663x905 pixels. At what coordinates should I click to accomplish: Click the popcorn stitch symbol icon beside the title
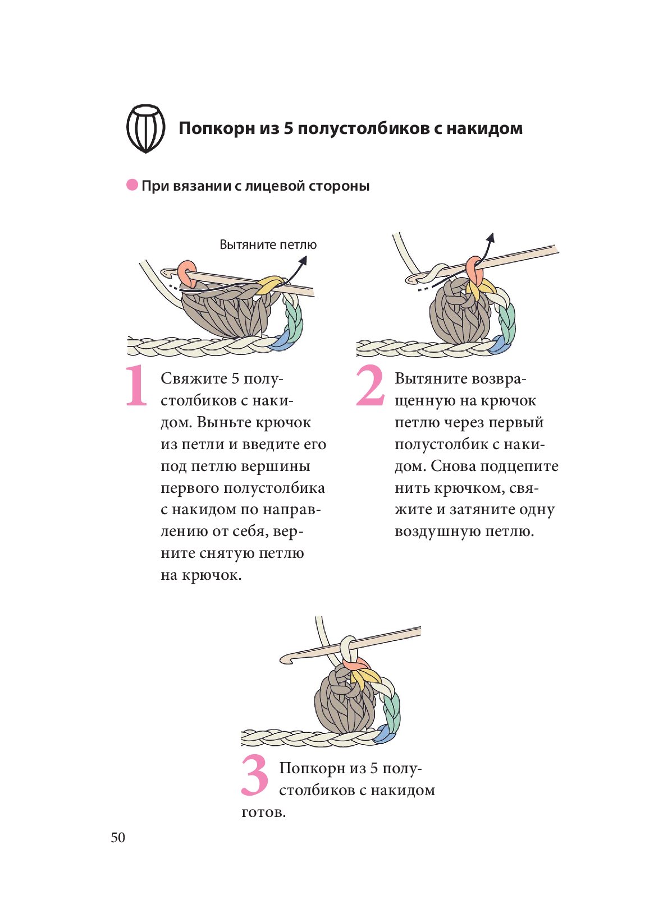click(x=145, y=128)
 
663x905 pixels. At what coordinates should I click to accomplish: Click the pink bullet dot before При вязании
click(x=132, y=185)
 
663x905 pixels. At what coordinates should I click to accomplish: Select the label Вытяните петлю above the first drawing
click(x=268, y=244)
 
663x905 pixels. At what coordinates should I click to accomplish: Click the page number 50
click(x=118, y=838)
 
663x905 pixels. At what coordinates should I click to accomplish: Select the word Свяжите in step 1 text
click(x=194, y=378)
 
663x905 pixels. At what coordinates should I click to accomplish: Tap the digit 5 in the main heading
click(x=288, y=128)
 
